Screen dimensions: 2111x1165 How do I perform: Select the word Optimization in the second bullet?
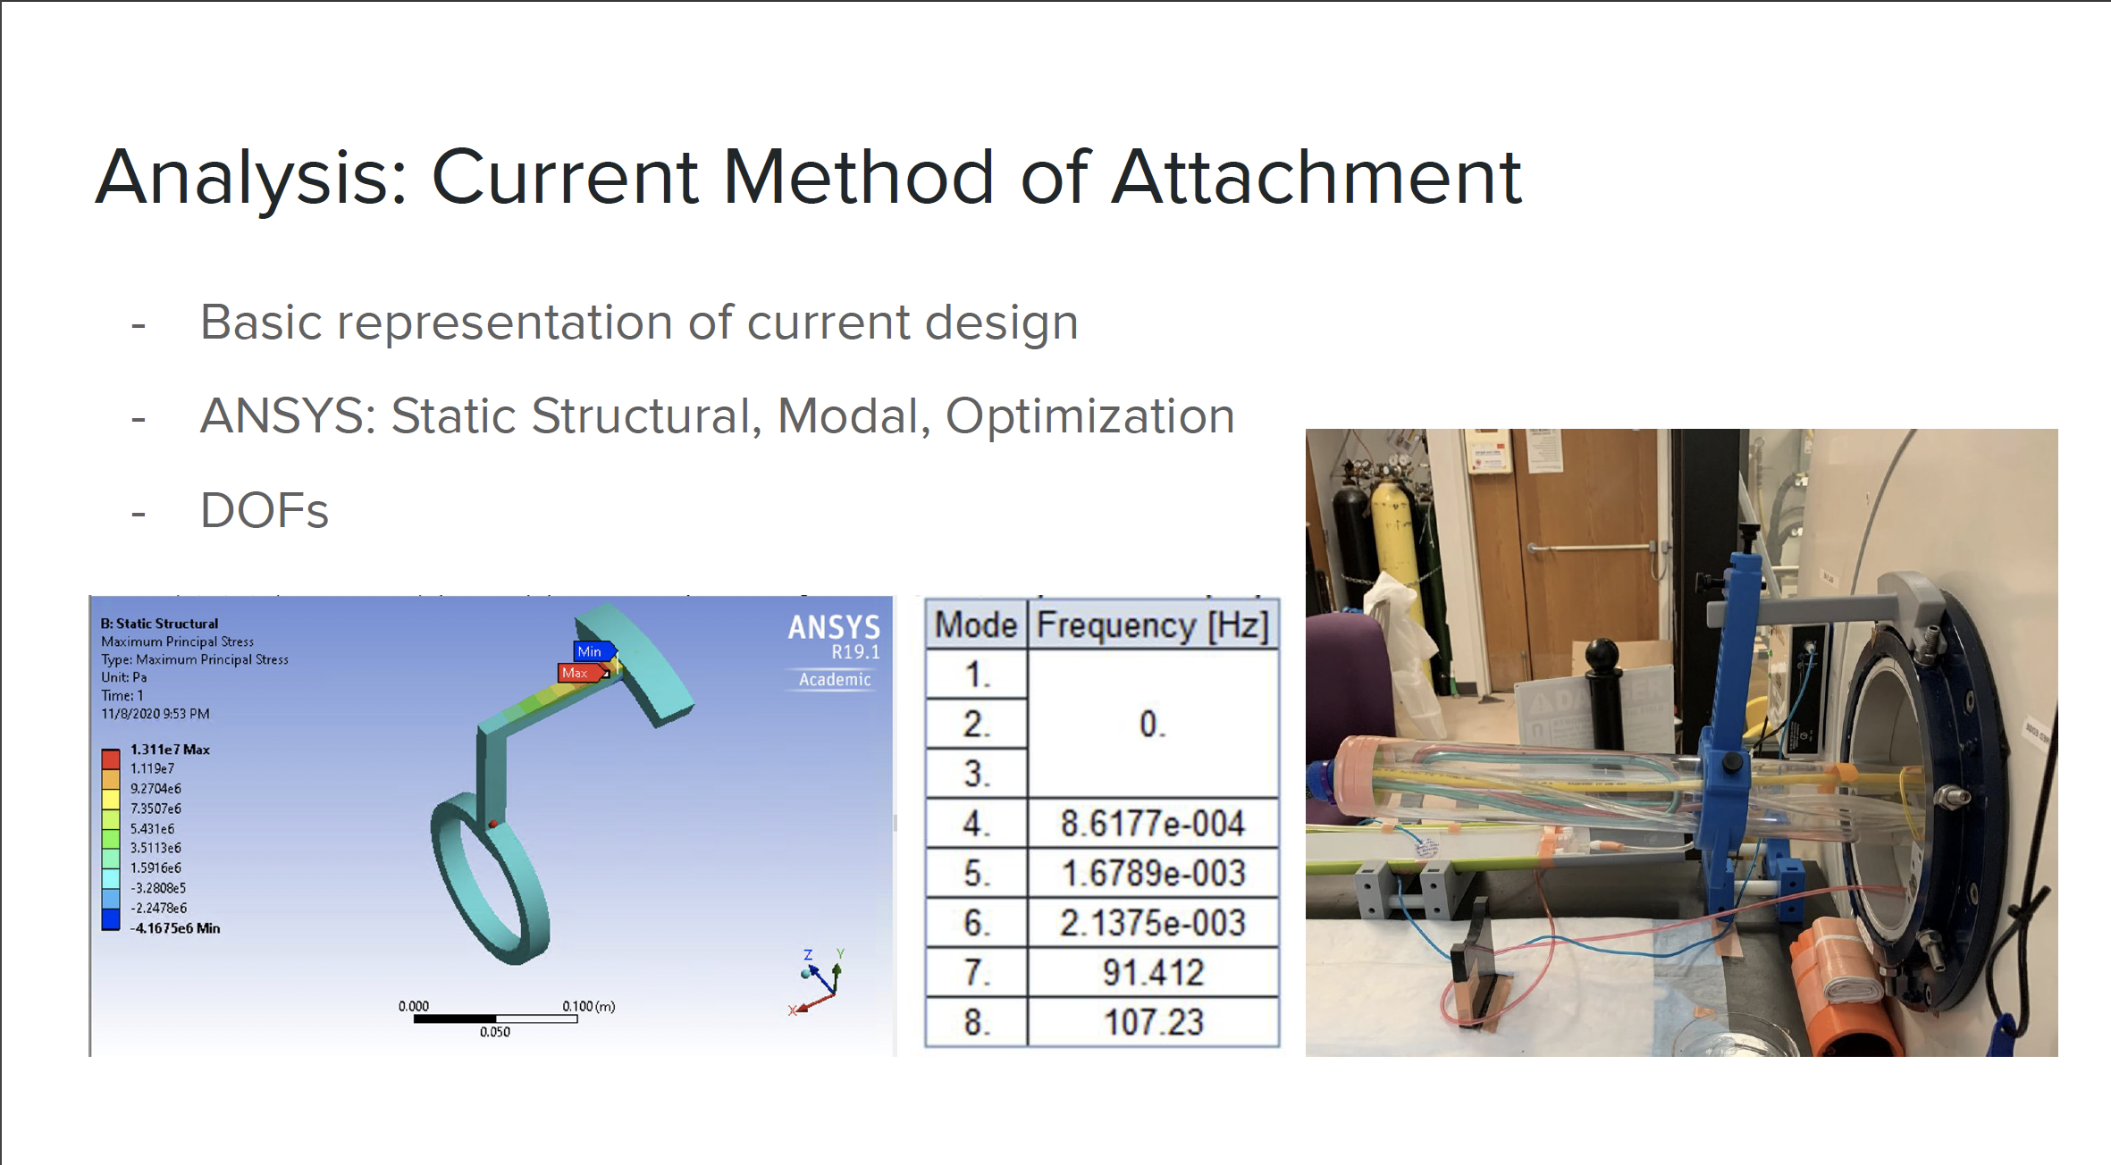1090,416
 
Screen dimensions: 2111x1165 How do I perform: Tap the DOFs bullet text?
265,510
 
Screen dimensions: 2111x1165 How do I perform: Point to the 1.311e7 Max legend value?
170,750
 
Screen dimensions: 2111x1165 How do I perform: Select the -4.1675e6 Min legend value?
175,928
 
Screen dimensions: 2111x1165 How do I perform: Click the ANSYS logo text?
834,628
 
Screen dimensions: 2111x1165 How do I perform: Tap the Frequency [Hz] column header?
1153,625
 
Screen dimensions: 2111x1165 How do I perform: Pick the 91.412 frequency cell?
1153,972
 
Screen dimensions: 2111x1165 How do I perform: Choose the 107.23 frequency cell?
1154,1022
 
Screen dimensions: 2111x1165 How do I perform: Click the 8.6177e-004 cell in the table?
1153,823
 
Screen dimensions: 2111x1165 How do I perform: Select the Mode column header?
976,625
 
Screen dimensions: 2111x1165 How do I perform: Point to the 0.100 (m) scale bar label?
589,1006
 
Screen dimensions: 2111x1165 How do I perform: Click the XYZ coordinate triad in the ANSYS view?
818,981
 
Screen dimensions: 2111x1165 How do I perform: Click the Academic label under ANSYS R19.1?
835,680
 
